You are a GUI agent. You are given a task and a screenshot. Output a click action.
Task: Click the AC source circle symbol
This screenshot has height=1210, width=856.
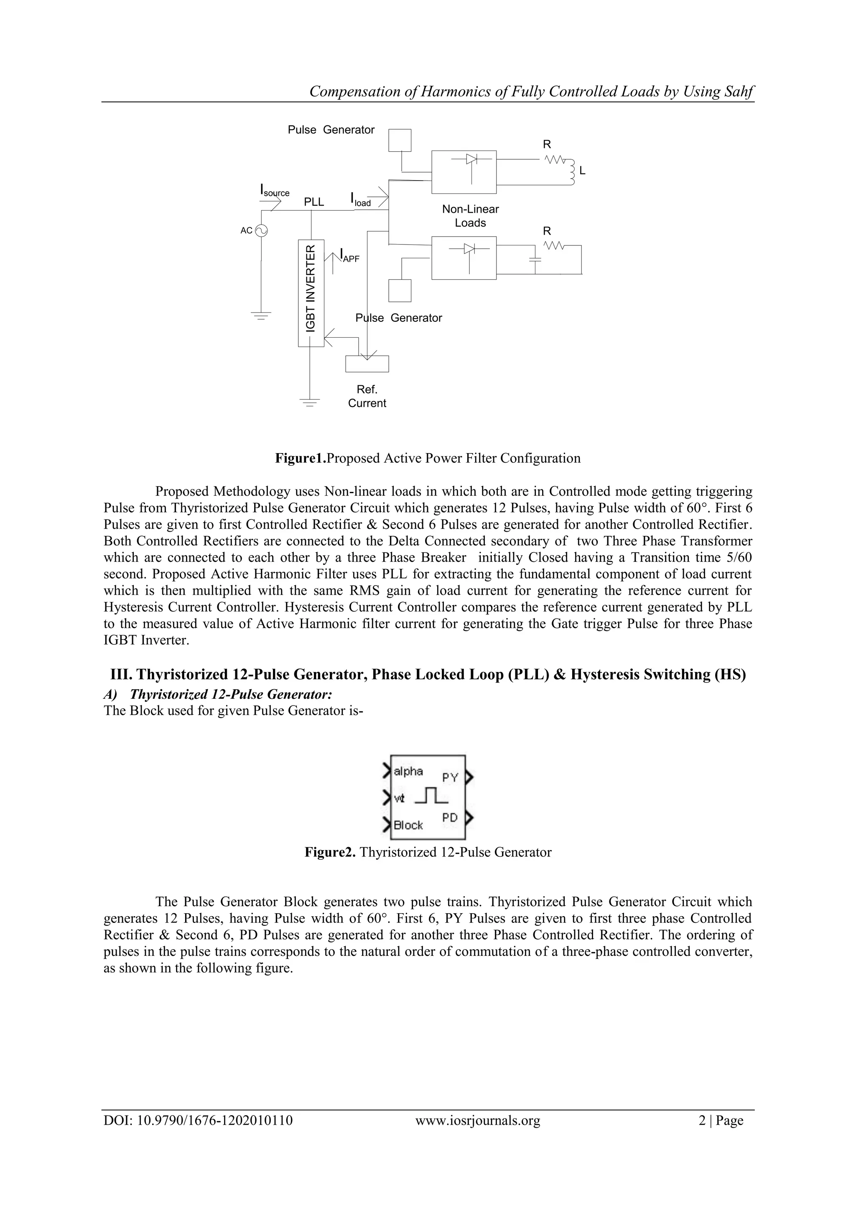[260, 230]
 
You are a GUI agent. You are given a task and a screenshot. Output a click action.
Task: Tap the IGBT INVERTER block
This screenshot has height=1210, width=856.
[311, 293]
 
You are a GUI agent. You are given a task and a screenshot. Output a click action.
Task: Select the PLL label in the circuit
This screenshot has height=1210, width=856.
[314, 202]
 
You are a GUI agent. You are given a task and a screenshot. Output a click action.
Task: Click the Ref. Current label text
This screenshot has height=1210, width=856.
[367, 396]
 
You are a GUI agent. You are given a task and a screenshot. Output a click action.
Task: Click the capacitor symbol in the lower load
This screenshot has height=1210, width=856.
[535, 260]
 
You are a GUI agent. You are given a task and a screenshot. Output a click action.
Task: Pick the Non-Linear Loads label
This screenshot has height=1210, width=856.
[470, 216]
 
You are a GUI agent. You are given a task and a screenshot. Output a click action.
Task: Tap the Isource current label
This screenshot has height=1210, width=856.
[275, 191]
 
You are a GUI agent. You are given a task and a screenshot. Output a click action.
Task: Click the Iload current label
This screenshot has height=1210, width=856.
[361, 199]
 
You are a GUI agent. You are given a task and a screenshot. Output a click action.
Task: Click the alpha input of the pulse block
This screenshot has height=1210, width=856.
[408, 772]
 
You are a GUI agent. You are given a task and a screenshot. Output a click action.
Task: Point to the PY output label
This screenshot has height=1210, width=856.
[450, 777]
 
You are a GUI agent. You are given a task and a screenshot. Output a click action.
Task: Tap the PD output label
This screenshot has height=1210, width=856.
[450, 818]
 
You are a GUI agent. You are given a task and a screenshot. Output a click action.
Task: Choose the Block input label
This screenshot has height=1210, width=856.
[408, 825]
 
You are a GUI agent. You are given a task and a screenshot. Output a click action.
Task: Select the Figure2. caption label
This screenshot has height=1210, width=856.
[330, 852]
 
